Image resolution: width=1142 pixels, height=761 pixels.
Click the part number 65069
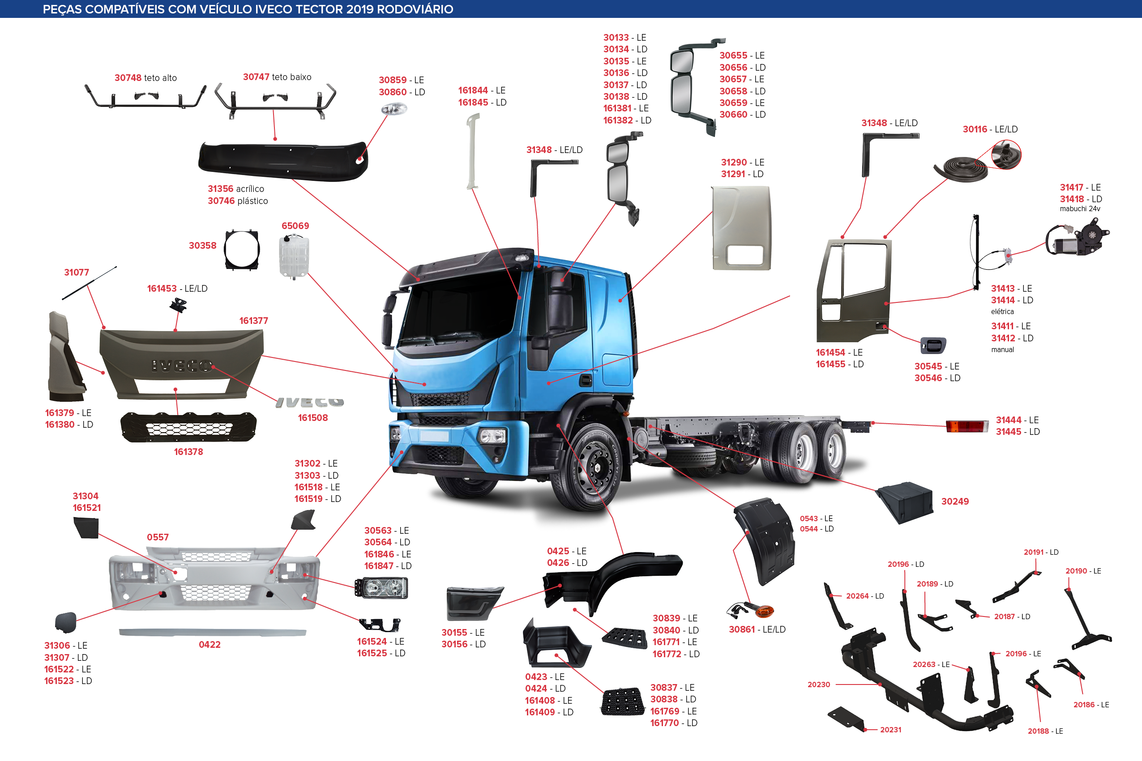pyautogui.click(x=295, y=225)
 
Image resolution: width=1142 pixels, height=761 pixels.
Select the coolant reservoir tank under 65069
pyautogui.click(x=294, y=256)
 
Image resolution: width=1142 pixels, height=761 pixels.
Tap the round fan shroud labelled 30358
pyautogui.click(x=242, y=250)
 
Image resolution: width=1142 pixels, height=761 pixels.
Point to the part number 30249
pyautogui.click(x=954, y=502)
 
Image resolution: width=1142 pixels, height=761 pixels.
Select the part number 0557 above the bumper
pyautogui.click(x=158, y=537)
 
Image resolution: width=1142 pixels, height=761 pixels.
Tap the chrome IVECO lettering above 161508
pyautogui.click(x=310, y=402)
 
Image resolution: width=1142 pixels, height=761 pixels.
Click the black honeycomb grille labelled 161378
pyautogui.click(x=188, y=427)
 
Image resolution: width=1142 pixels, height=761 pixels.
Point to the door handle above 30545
pyautogui.click(x=933, y=345)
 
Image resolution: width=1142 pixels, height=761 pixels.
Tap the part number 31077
pyautogui.click(x=77, y=272)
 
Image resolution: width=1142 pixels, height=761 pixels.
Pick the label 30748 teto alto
pyautogui.click(x=145, y=78)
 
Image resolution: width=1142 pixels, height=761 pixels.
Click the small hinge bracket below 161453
pyautogui.click(x=179, y=305)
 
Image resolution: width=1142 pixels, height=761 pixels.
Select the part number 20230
pyautogui.click(x=819, y=684)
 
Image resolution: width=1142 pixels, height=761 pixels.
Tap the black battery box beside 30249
pyautogui.click(x=904, y=503)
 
